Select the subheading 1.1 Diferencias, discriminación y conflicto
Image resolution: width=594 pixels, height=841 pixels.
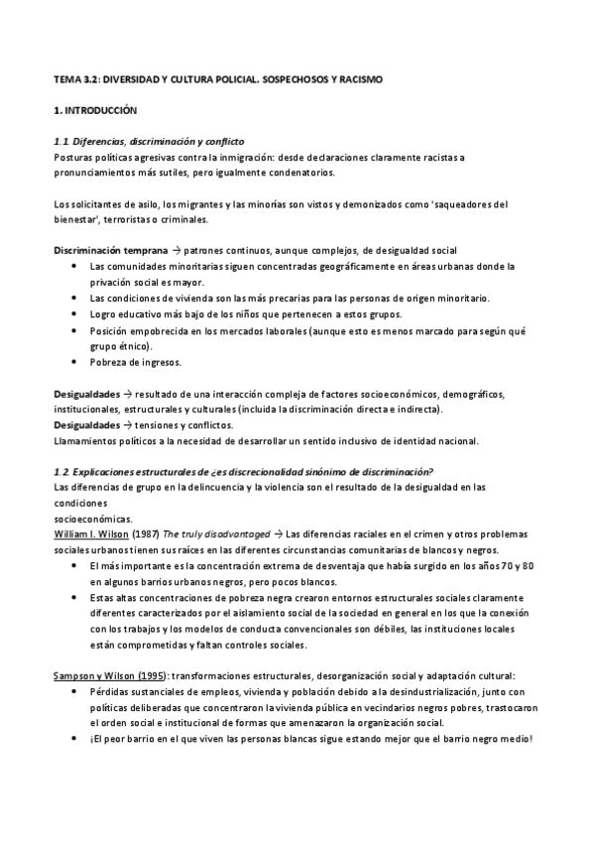coord(149,141)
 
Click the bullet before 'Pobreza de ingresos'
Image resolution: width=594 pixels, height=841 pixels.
coord(77,362)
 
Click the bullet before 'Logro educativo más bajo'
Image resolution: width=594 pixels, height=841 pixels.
coord(77,314)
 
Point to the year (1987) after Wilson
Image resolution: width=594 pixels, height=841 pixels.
coord(143,534)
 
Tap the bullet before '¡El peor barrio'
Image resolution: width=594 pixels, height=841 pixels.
coord(77,739)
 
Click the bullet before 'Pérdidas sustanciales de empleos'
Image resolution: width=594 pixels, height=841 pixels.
coord(77,691)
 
